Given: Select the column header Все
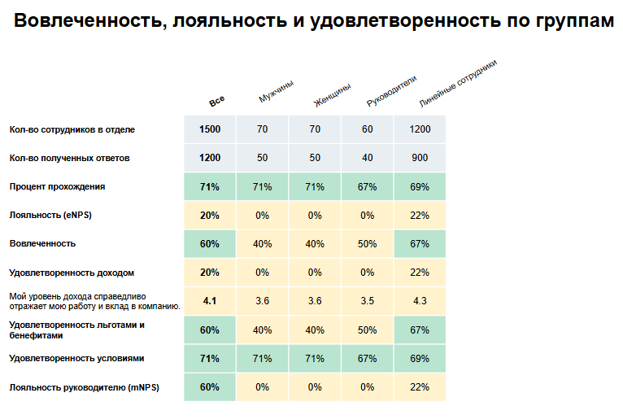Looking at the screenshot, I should tap(216, 102).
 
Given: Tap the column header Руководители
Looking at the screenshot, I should tap(391, 91).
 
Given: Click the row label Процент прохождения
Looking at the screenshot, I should tap(57, 186).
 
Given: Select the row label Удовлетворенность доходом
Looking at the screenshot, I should tap(72, 272).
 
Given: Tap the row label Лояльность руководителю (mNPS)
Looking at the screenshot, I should tap(84, 387).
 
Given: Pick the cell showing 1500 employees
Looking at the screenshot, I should tap(210, 129).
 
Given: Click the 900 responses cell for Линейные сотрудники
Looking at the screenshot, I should tap(420, 158).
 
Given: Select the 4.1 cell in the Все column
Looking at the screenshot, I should tap(210, 301).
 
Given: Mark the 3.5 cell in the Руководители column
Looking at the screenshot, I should tap(367, 301).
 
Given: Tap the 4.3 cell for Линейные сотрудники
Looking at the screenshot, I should tap(420, 301).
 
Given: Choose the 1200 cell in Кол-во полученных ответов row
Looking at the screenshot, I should tap(210, 158).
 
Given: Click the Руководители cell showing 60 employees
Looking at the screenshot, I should tap(367, 129).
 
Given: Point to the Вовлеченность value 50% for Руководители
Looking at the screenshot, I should tap(367, 243).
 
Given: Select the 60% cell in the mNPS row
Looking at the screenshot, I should tap(210, 387).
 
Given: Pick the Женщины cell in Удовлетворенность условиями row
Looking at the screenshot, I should tap(315, 358).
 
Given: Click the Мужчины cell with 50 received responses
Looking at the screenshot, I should tap(262, 158).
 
